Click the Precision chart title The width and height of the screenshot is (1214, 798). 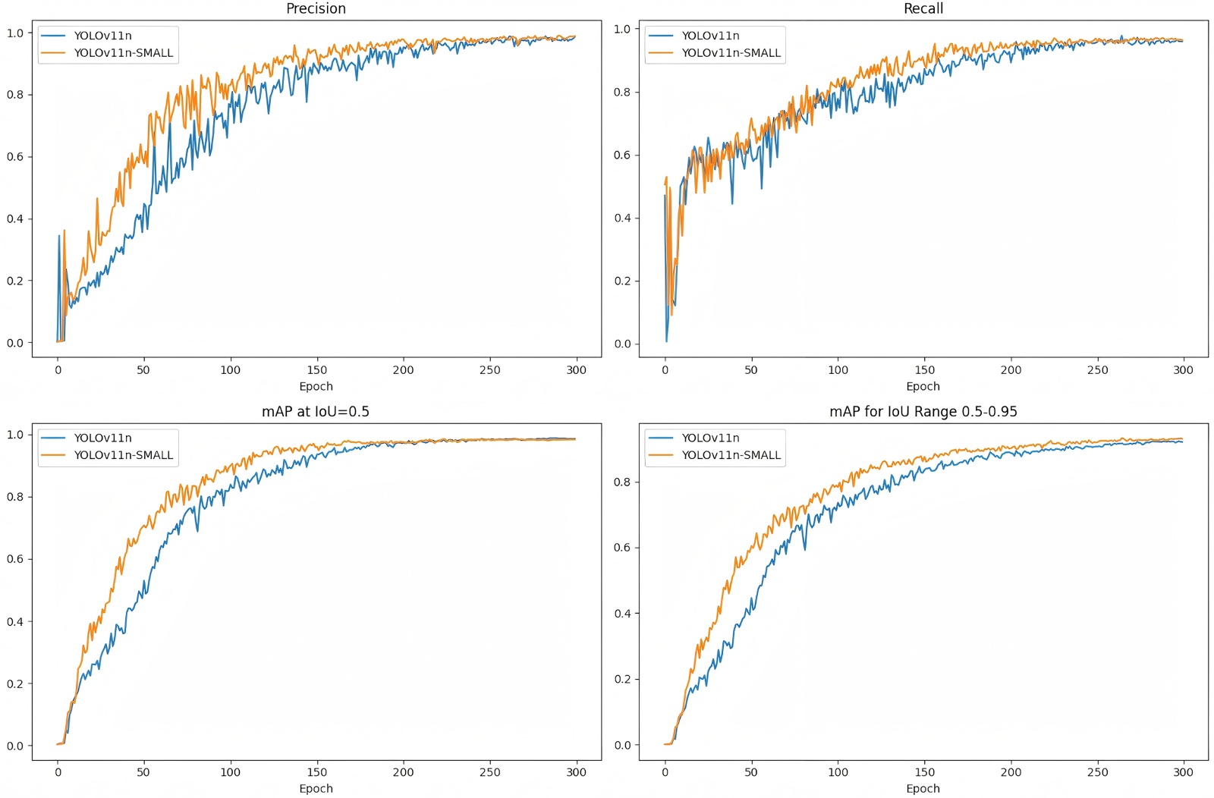(316, 8)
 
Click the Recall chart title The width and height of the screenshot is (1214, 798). (923, 8)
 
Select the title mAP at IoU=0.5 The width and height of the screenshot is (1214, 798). (316, 411)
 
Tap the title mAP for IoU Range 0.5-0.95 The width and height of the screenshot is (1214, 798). (923, 411)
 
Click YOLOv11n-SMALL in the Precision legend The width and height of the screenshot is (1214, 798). (124, 53)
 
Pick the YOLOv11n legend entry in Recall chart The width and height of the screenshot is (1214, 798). (710, 36)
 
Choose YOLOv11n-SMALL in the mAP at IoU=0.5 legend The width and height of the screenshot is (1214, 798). (124, 455)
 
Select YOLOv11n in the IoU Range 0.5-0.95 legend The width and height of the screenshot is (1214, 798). (710, 438)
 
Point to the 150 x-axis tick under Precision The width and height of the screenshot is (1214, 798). (317, 370)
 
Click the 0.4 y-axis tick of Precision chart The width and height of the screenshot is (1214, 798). (15, 218)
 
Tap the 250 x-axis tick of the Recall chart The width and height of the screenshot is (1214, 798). (1097, 370)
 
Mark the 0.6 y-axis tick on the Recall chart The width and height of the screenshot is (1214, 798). (622, 155)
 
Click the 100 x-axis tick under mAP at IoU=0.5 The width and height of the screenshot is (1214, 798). (231, 772)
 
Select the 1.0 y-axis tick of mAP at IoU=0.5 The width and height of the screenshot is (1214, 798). (15, 435)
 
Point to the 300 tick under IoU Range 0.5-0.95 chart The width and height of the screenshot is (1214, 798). (1184, 772)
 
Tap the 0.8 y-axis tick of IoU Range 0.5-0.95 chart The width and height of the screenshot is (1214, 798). (622, 482)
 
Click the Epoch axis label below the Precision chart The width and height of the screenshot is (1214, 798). (316, 386)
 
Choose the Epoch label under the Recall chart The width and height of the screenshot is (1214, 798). (923, 386)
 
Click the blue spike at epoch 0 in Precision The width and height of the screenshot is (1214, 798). (59, 237)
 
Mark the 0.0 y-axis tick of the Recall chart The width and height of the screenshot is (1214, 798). (622, 344)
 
